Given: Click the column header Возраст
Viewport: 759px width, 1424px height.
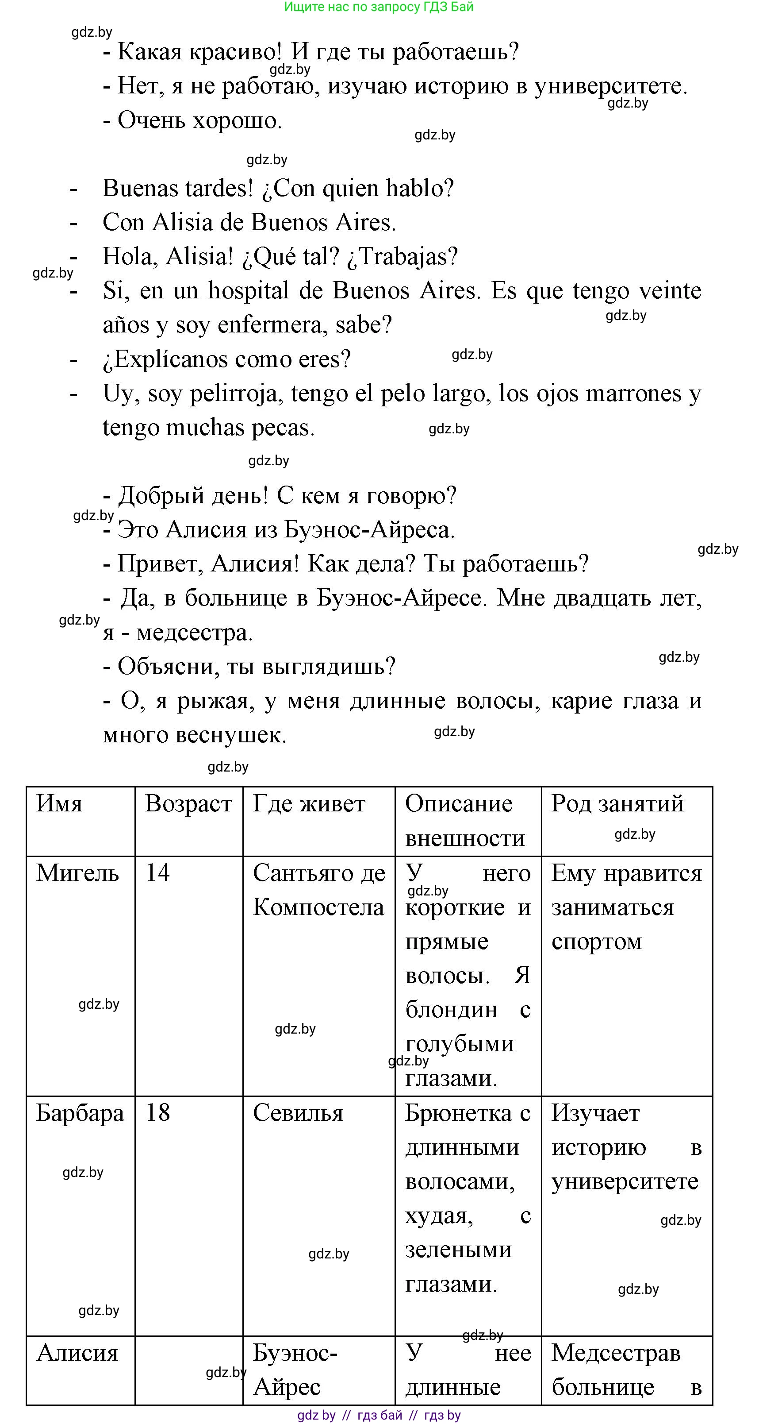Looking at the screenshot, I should tap(188, 804).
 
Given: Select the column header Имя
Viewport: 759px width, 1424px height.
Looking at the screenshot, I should tap(59, 804).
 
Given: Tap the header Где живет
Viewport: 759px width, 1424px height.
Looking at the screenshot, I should tap(309, 804).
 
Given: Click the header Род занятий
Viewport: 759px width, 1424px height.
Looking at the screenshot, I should tap(617, 803).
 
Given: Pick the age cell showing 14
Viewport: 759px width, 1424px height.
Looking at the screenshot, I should tap(157, 873).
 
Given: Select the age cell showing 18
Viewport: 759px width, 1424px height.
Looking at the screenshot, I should tap(157, 1113).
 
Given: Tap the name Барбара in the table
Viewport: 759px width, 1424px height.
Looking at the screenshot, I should tap(80, 1113).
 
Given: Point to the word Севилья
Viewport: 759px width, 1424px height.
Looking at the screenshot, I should tap(298, 1113).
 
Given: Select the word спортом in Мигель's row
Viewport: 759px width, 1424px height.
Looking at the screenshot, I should tap(597, 942).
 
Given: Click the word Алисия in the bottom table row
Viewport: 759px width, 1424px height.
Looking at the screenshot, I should tap(77, 1353).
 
